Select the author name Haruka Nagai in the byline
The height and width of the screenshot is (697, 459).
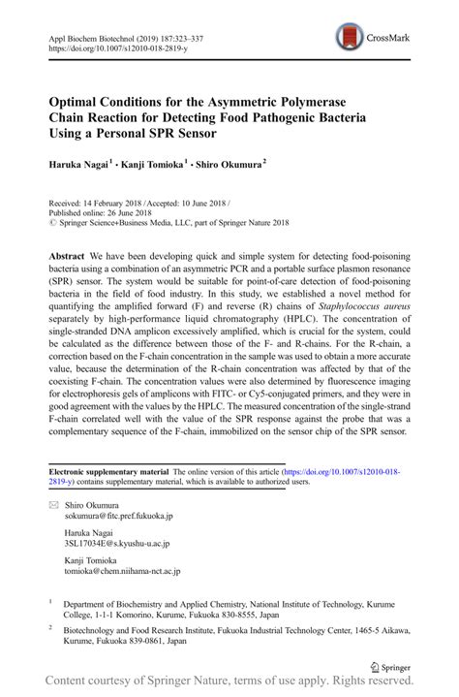(77, 166)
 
